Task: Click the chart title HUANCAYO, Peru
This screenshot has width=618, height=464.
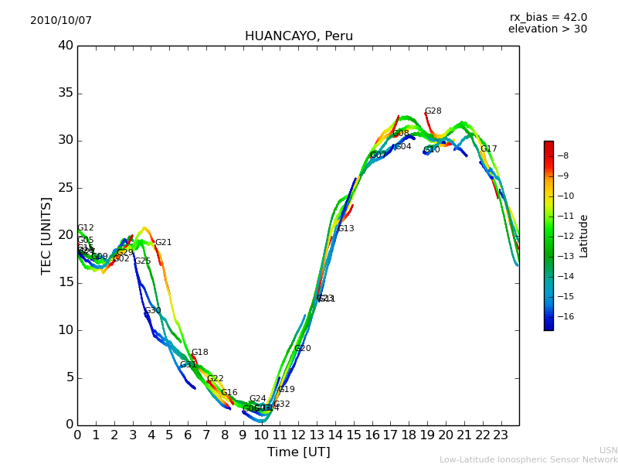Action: pos(298,36)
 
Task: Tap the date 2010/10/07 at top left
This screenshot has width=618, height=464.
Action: pos(61,21)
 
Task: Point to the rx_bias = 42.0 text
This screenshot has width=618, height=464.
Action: pos(548,18)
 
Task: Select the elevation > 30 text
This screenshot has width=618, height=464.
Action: pos(547,29)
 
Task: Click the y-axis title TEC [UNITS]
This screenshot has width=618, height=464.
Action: pos(46,235)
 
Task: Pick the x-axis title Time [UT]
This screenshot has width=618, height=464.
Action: pos(298,452)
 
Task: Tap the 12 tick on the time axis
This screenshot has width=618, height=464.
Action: pos(298,435)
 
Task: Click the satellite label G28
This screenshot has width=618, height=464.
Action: pos(433,111)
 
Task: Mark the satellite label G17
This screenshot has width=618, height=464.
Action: pos(488,149)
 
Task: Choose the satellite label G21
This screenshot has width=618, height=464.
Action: pos(163,243)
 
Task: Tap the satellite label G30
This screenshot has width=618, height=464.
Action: pos(152,311)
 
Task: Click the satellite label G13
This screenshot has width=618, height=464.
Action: pos(345,229)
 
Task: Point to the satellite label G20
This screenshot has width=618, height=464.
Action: pos(302,349)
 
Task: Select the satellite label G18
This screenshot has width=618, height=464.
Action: pos(199,353)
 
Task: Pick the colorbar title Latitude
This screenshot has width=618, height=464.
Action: pos(584,236)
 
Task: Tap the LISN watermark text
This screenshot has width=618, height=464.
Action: pos(608,450)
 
